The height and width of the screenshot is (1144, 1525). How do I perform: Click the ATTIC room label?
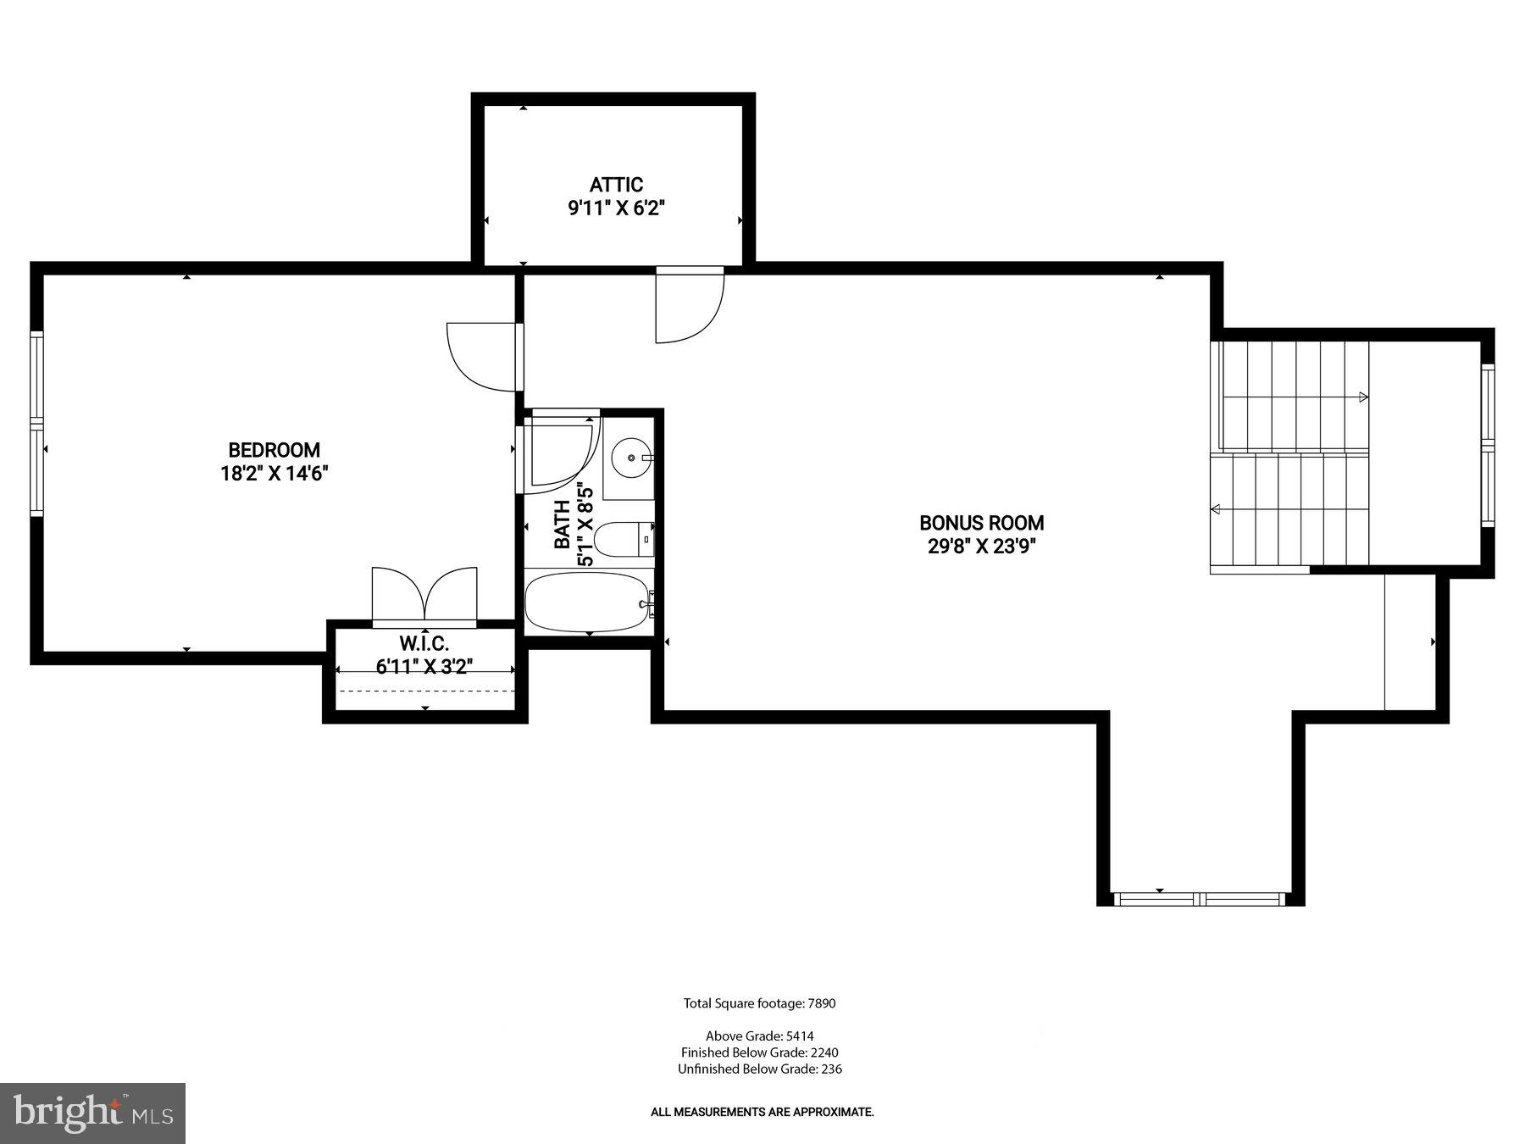pos(616,185)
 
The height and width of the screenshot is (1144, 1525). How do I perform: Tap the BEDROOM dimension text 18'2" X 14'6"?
pos(274,473)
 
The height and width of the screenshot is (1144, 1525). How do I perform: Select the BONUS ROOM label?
pos(981,523)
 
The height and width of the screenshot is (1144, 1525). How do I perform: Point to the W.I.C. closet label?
pos(424,644)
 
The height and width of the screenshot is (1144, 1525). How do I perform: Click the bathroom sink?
pos(630,458)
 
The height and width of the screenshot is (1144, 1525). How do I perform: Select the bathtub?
pos(587,602)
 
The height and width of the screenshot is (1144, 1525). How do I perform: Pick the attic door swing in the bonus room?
pos(688,305)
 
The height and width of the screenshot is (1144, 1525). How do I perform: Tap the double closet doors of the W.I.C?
pos(424,597)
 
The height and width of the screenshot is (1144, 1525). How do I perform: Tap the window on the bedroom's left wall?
pos(36,424)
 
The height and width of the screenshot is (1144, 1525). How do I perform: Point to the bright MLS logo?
pos(92,1113)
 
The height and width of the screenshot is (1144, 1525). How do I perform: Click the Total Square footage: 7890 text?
pos(759,1003)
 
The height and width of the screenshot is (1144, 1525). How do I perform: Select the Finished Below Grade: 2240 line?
pos(759,1052)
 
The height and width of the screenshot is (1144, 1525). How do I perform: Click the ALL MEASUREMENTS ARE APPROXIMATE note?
pos(762,1112)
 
